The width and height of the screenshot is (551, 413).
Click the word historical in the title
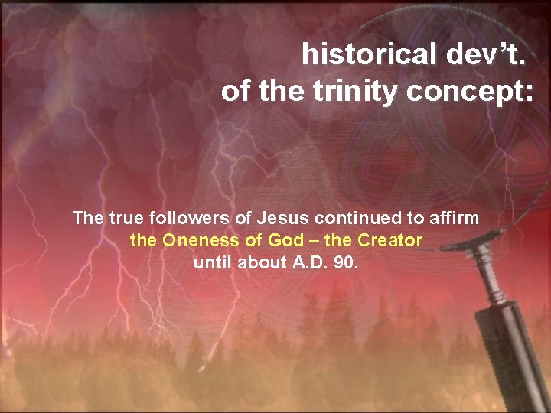pos(366,54)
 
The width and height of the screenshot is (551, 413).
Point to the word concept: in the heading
pos(470,92)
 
